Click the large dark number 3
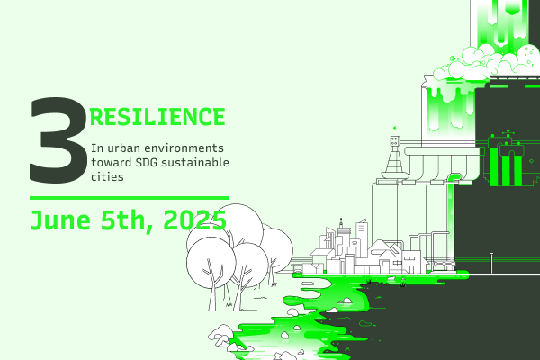(x=58, y=140)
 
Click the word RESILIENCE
(x=157, y=117)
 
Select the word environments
(x=184, y=148)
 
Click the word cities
(x=107, y=176)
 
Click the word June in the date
(x=60, y=220)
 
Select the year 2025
(x=194, y=220)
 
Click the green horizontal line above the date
(x=130, y=198)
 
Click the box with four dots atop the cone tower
(x=395, y=140)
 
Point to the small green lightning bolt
(x=395, y=129)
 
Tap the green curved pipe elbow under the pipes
(x=454, y=178)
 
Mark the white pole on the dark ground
(x=491, y=263)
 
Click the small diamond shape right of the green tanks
(x=531, y=161)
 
